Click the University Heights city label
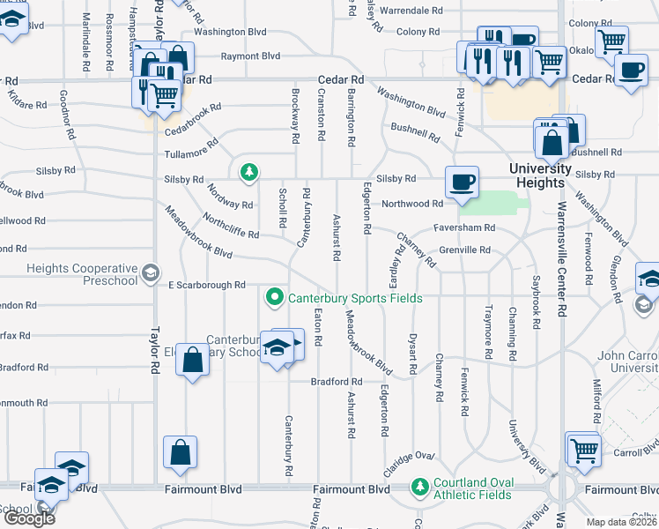(x=541, y=175)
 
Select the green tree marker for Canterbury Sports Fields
(x=275, y=299)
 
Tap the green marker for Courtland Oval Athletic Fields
(x=420, y=486)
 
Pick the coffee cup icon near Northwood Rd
(x=463, y=183)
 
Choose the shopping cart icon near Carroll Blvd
(x=583, y=449)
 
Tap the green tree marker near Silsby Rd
(x=250, y=170)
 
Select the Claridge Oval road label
(x=409, y=456)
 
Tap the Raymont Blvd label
(x=250, y=56)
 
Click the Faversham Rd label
(x=464, y=227)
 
